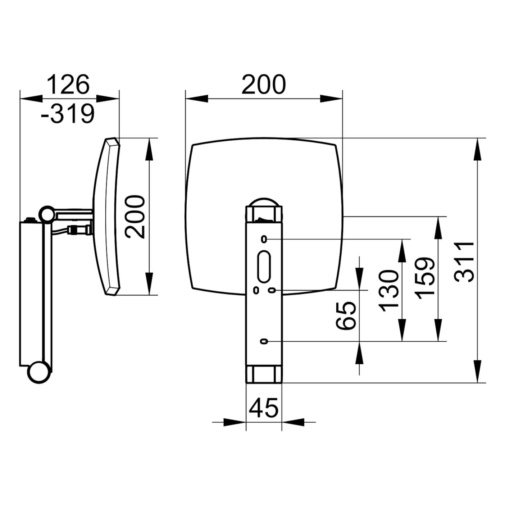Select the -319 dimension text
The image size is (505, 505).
click(68, 114)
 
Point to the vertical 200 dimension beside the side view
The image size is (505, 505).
click(135, 217)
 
